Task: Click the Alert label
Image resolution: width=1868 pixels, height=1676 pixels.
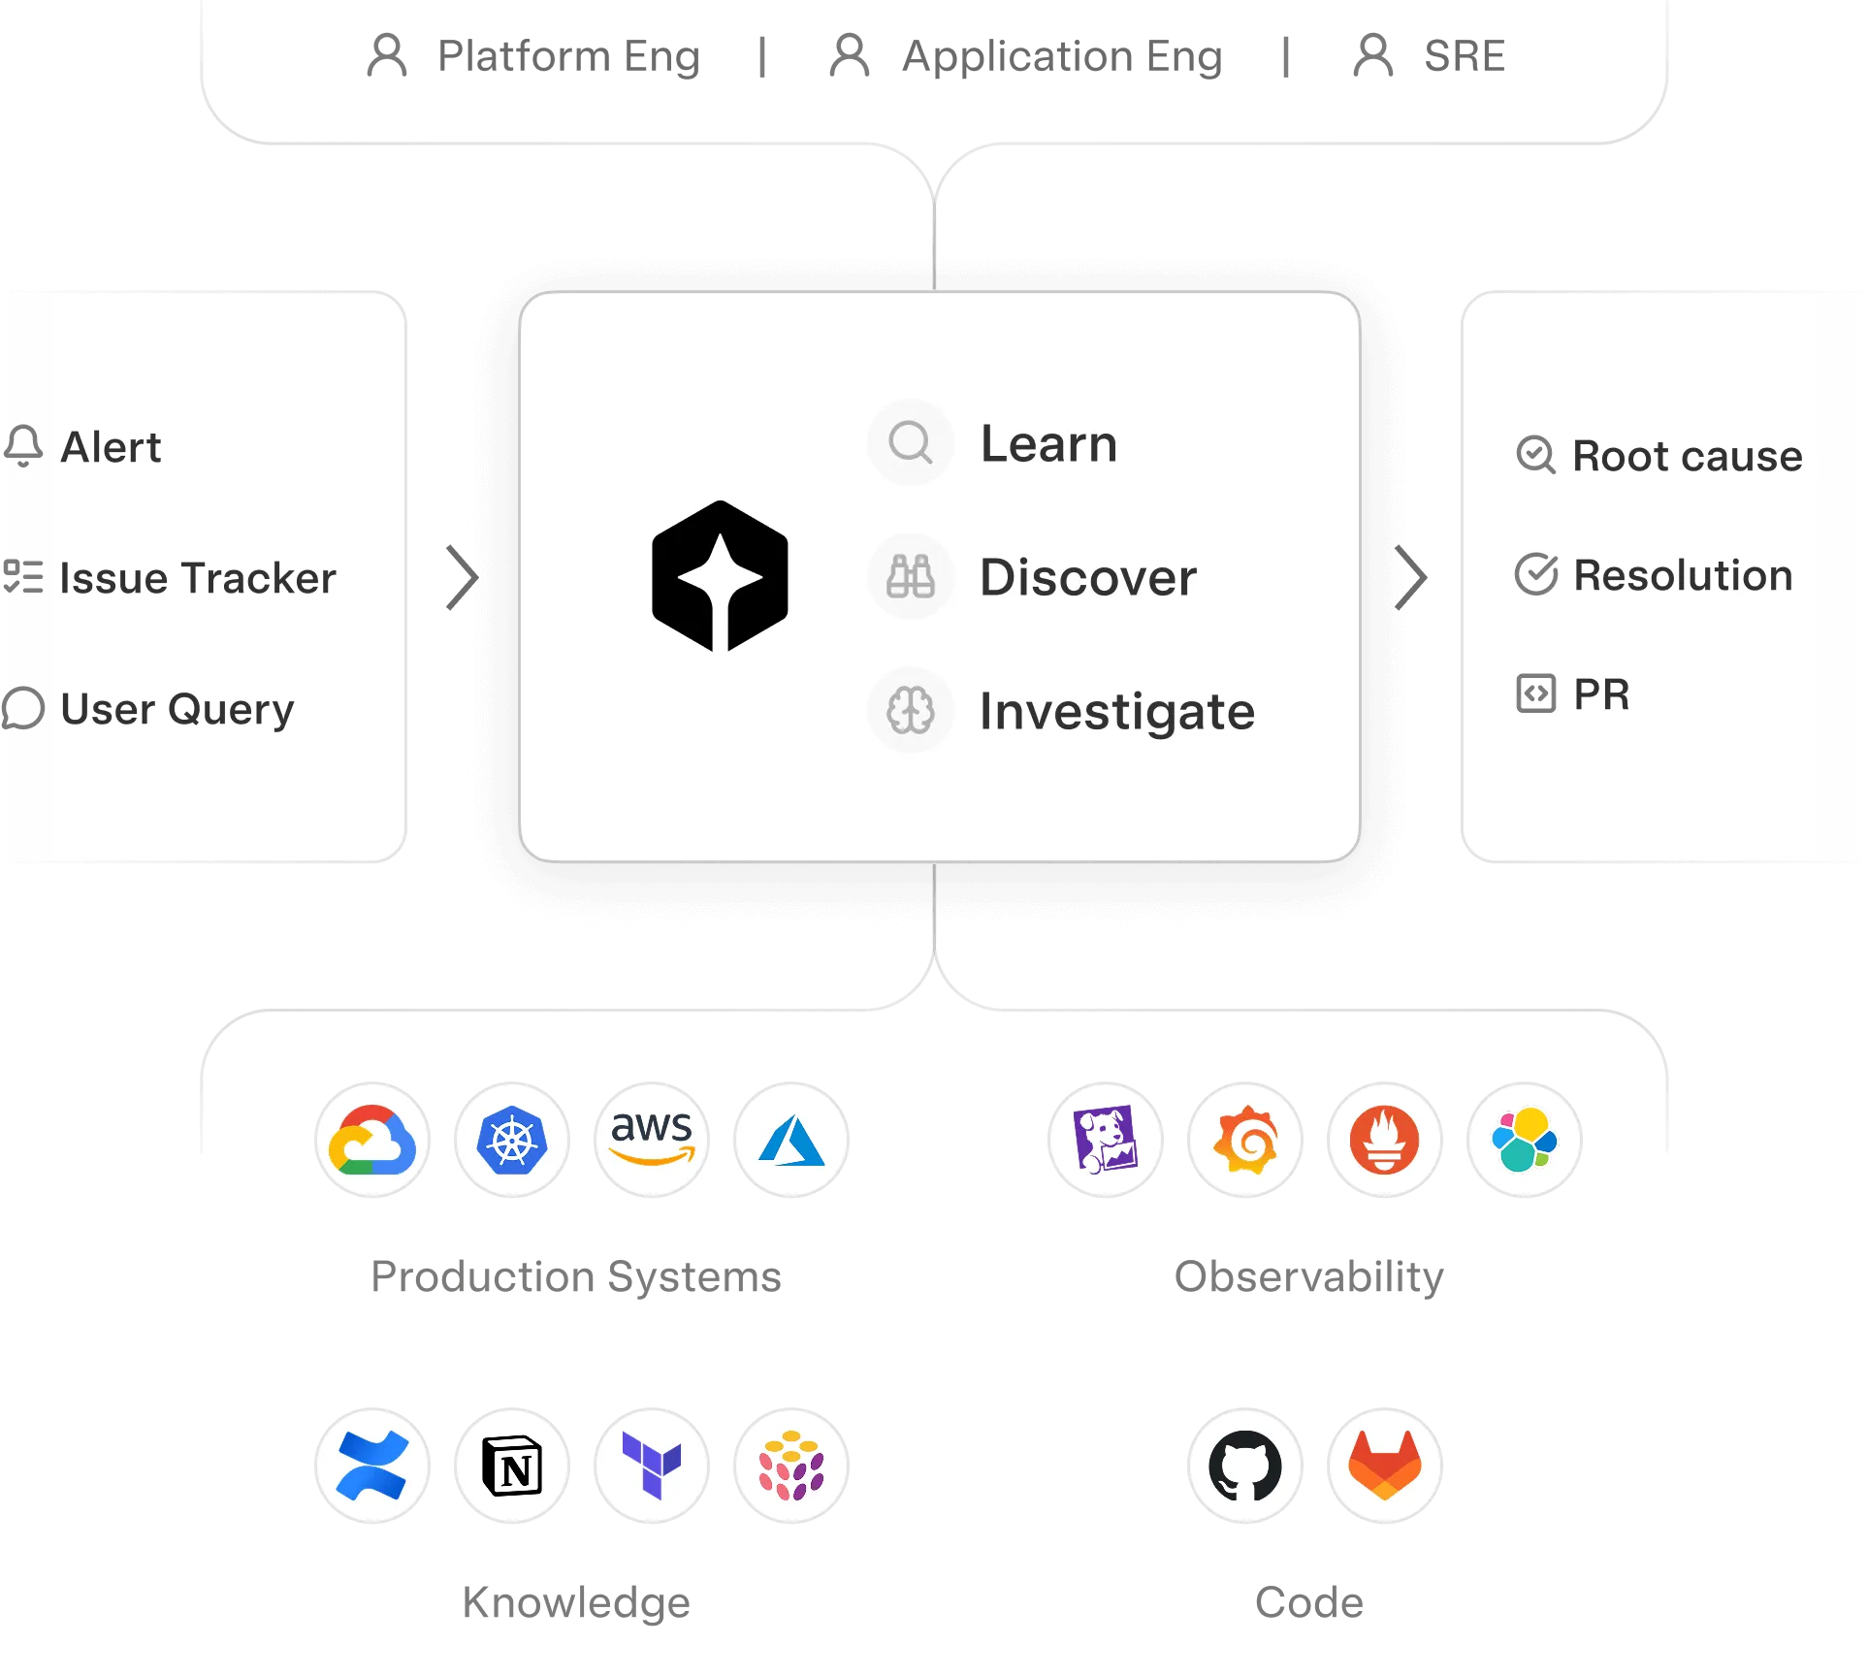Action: [x=111, y=448]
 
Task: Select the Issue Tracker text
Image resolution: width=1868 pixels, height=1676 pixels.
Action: [x=198, y=579]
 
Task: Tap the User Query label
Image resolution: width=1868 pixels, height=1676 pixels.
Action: [x=177, y=710]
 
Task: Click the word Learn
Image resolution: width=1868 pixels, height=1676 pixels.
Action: [x=1048, y=444]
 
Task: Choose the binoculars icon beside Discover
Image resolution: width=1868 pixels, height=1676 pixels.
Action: [x=911, y=577]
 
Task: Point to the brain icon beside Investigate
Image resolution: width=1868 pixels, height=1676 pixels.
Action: [x=911, y=711]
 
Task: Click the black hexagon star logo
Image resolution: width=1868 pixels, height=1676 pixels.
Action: [x=720, y=576]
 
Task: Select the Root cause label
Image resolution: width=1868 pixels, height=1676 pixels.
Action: [x=1687, y=456]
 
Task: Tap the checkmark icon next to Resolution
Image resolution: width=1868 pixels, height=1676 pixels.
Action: [x=1536, y=574]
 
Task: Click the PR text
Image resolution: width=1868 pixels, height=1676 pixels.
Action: [x=1601, y=694]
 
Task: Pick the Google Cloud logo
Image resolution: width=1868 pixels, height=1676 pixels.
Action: [x=372, y=1141]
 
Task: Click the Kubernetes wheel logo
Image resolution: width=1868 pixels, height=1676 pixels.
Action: [x=512, y=1141]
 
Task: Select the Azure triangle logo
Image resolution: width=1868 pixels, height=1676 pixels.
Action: [x=792, y=1141]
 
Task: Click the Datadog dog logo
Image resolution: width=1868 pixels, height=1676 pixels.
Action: [x=1106, y=1141]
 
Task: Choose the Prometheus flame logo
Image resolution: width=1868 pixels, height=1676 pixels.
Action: [x=1385, y=1141]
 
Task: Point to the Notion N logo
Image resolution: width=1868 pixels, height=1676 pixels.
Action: [x=512, y=1467]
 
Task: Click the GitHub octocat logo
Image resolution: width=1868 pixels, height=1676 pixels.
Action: [x=1245, y=1467]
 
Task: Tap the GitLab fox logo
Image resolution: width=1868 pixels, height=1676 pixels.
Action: [x=1385, y=1467]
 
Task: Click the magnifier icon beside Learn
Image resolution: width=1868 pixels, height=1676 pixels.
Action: [x=911, y=443]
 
